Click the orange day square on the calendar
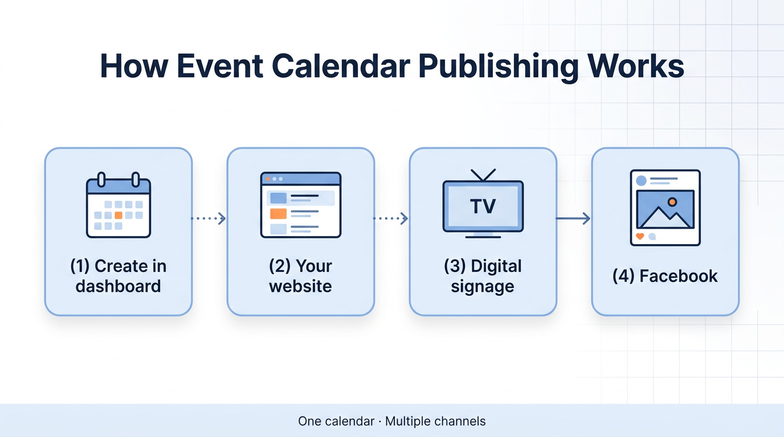pos(119,215)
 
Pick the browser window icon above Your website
pos(300,205)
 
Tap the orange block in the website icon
pos(278,213)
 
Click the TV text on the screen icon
pos(483,206)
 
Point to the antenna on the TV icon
pos(483,174)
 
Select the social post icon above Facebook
pos(665,208)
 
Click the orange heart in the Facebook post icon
pos(640,236)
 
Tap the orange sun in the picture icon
pos(672,201)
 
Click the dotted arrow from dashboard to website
pos(209,218)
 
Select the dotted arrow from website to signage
pos(391,218)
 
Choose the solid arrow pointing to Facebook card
pos(573,218)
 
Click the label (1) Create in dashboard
pos(119,276)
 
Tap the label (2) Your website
pos(300,276)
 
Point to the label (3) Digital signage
pos(483,276)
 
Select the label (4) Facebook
pos(665,277)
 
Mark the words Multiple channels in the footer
pos(435,422)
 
